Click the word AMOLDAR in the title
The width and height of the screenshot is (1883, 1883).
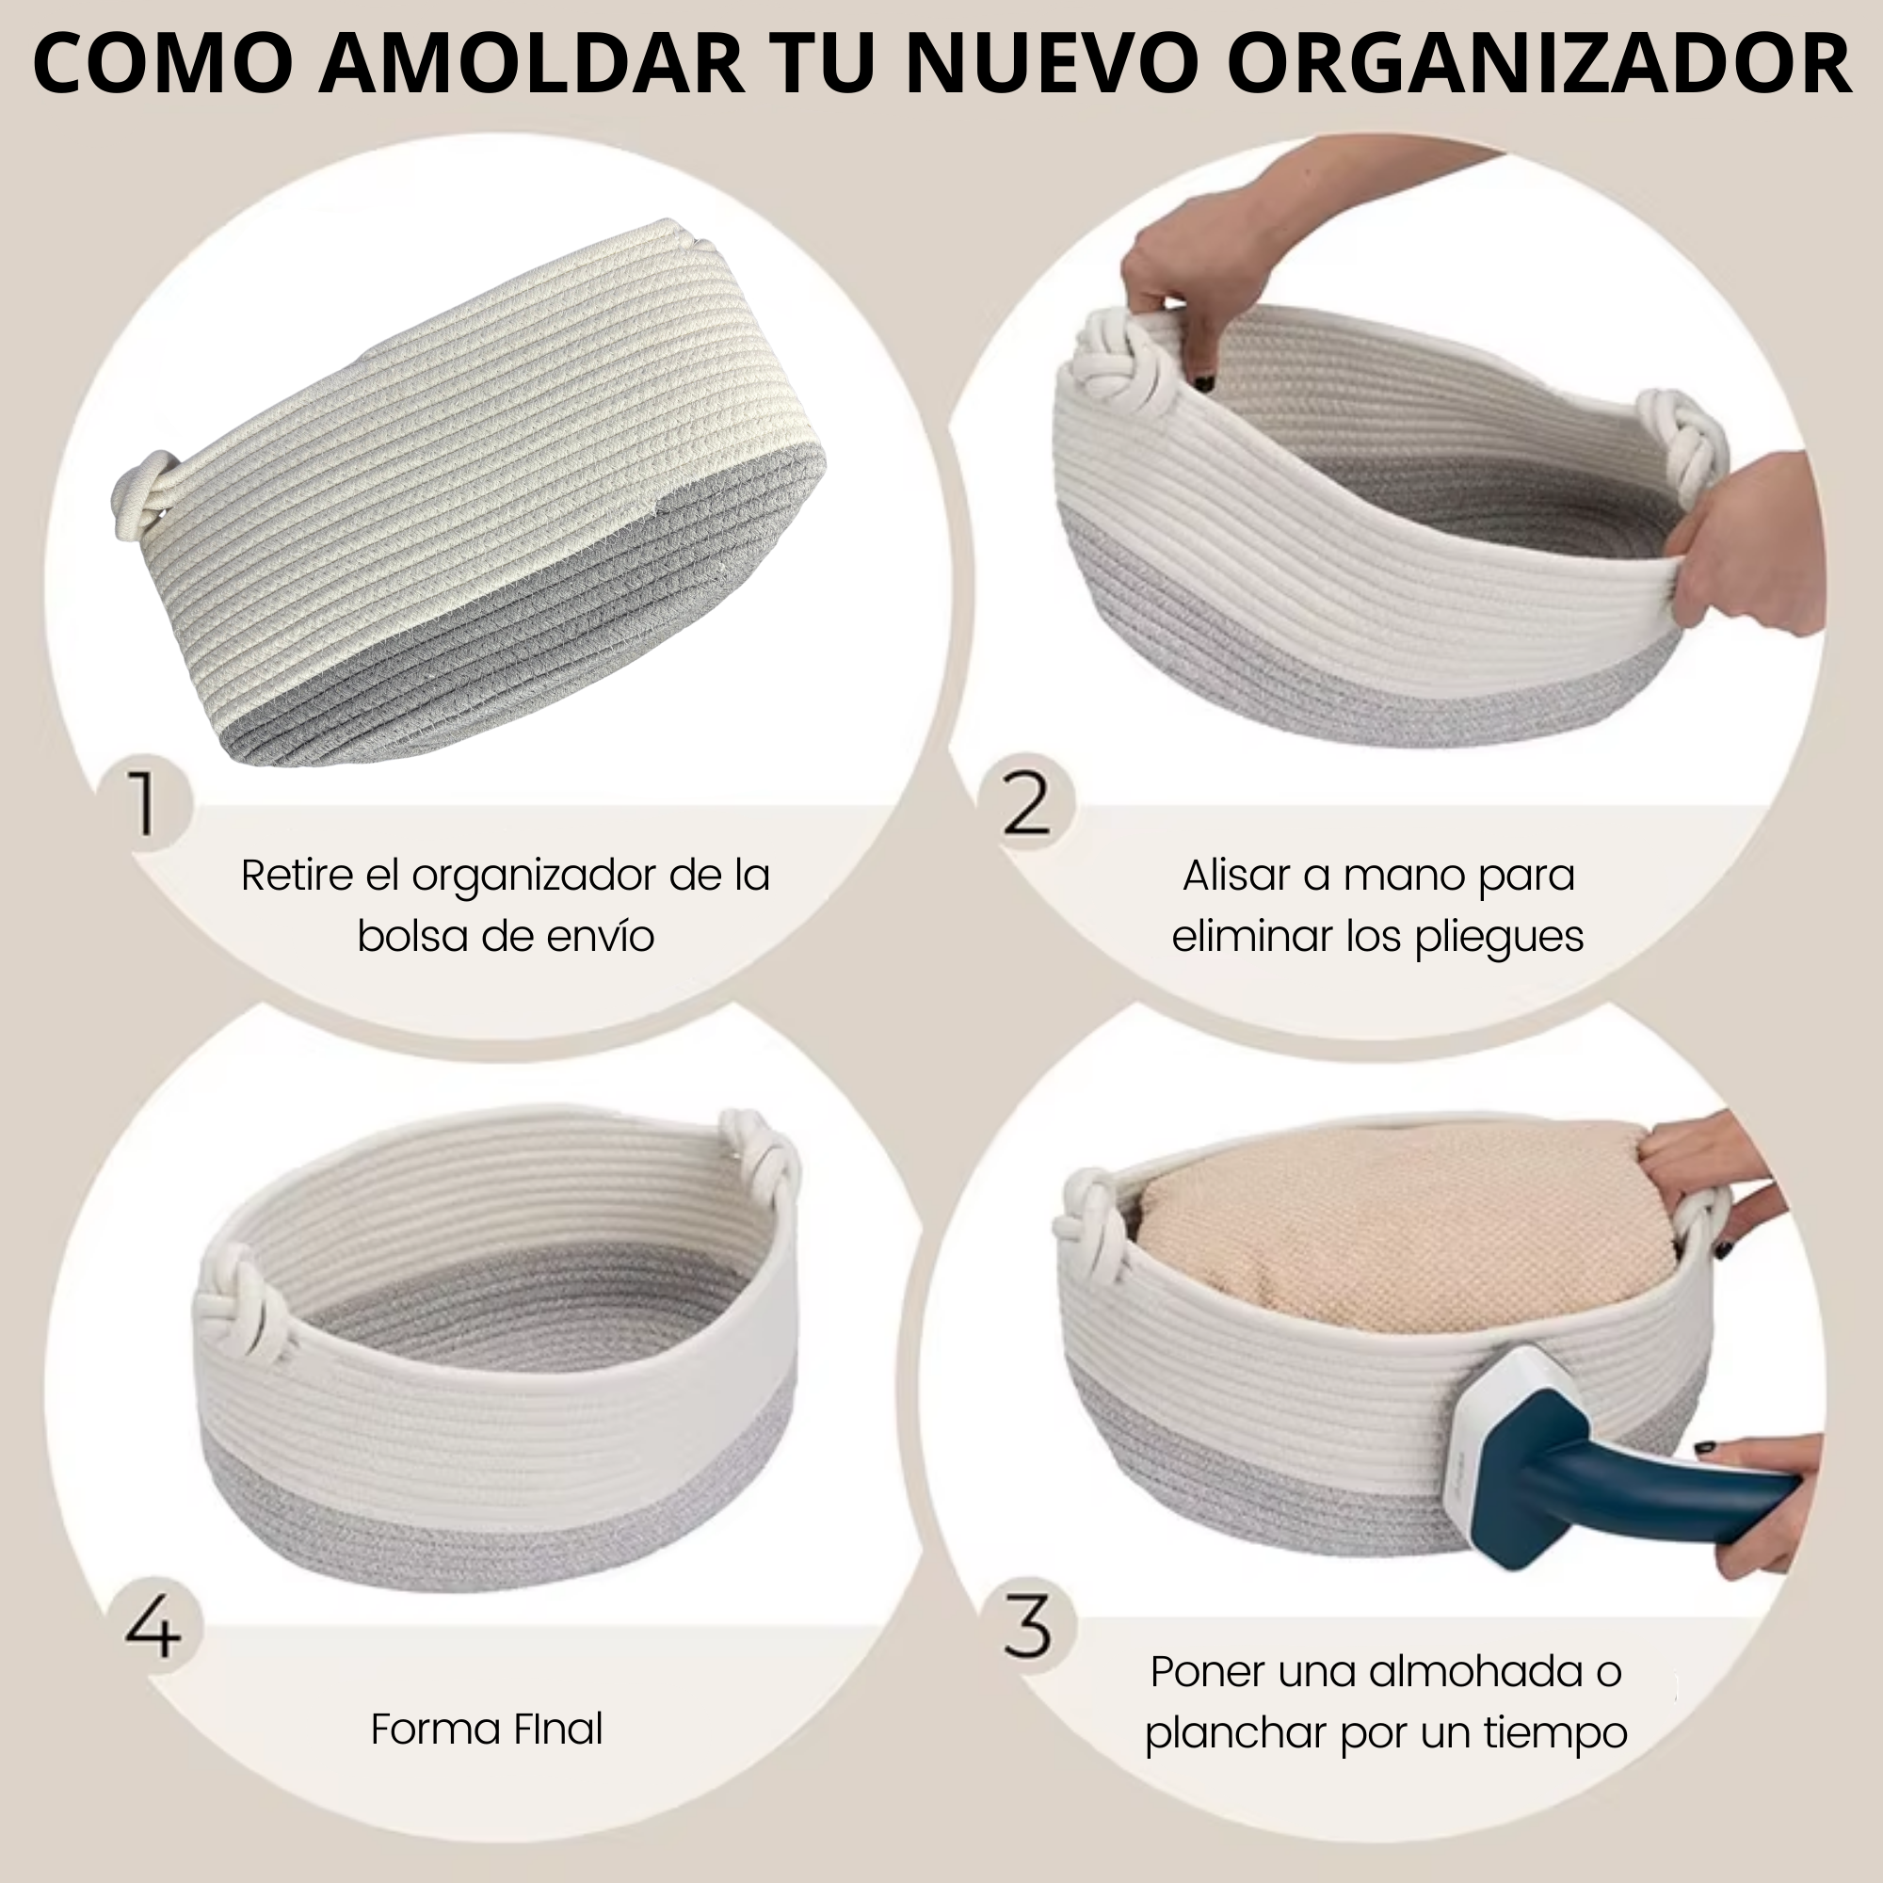point(530,63)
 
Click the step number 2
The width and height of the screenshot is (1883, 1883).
point(1026,804)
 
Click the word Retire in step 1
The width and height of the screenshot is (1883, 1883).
point(298,876)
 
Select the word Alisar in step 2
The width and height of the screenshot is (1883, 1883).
point(1236,876)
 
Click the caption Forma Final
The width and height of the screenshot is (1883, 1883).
point(488,1729)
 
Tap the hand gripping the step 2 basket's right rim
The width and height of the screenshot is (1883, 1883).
point(1745,546)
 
